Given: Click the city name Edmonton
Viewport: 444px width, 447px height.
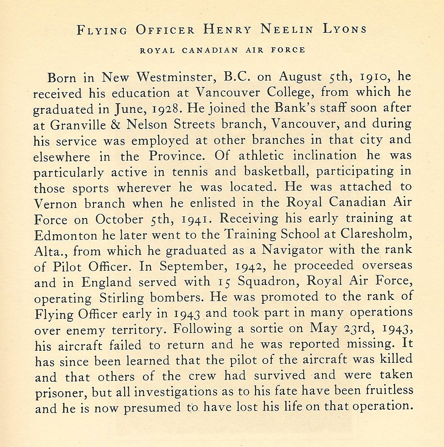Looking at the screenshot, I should (x=66, y=235).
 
